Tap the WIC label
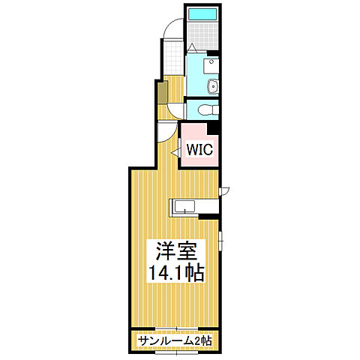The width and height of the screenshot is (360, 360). pyautogui.click(x=199, y=149)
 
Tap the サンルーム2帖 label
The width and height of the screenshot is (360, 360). pyautogui.click(x=174, y=341)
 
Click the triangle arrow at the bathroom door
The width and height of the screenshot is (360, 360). pyautogui.click(x=193, y=48)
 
